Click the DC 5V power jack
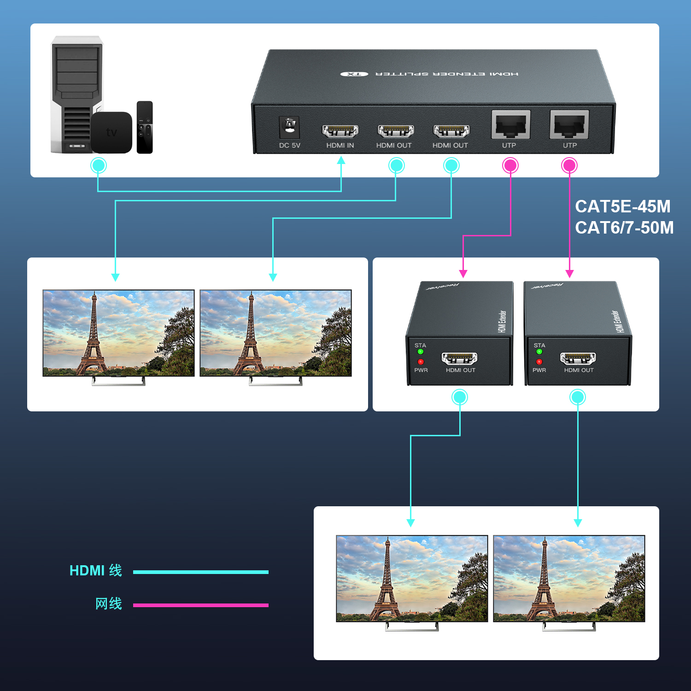pyautogui.click(x=289, y=127)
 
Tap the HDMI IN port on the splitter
pyautogui.click(x=340, y=131)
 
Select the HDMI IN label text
pyautogui.click(x=340, y=145)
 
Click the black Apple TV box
pyautogui.click(x=111, y=132)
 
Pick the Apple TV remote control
pyautogui.click(x=145, y=127)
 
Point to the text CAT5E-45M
pyautogui.click(x=623, y=206)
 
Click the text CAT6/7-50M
pyautogui.click(x=624, y=228)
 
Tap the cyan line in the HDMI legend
pyautogui.click(x=201, y=572)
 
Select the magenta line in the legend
pyautogui.click(x=201, y=605)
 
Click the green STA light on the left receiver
pyautogui.click(x=420, y=352)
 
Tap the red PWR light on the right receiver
pyautogui.click(x=539, y=362)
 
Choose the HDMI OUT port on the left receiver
pyautogui.click(x=459, y=358)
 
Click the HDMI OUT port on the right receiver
pyautogui.click(x=578, y=358)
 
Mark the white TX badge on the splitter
pyautogui.click(x=354, y=74)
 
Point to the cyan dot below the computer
pyautogui.click(x=98, y=165)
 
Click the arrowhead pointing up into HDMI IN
pyautogui.click(x=341, y=160)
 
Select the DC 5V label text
pyautogui.click(x=289, y=145)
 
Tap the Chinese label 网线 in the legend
pyautogui.click(x=109, y=603)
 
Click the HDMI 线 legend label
pyautogui.click(x=96, y=570)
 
